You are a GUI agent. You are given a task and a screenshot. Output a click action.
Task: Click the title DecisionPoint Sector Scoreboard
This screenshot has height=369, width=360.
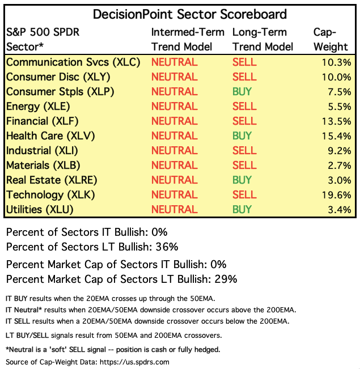(190, 14)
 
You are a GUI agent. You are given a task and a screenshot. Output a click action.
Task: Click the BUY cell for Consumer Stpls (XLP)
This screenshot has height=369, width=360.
(242, 91)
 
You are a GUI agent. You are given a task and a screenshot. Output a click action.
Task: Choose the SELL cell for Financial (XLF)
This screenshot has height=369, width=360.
(244, 121)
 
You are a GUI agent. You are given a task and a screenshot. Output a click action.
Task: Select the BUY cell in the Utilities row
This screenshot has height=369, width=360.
(242, 209)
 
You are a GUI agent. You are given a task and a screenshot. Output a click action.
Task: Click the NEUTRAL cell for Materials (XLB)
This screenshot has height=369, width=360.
(174, 165)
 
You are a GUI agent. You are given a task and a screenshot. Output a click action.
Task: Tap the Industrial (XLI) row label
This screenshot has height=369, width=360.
(41, 150)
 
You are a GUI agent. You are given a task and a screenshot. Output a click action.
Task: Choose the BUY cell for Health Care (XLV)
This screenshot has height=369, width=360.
(242, 135)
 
